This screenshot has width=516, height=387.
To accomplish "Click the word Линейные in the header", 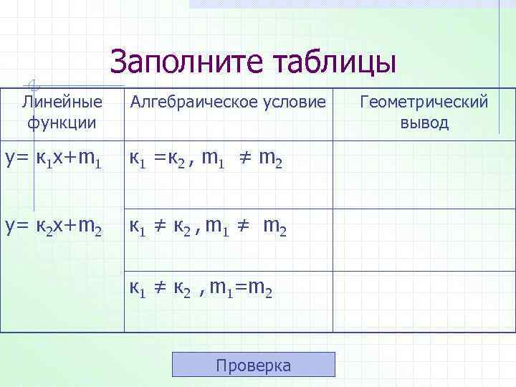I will pyautogui.click(x=62, y=102).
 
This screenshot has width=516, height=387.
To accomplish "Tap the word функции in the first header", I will pyautogui.click(x=62, y=123).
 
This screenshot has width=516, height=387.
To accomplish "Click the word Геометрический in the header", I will pyautogui.click(x=424, y=102).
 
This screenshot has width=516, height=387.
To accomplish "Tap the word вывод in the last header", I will pyautogui.click(x=424, y=123).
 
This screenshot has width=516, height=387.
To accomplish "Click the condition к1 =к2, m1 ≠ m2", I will pyautogui.click(x=206, y=162).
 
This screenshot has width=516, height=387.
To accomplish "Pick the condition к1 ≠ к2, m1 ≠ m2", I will pyautogui.click(x=208, y=229).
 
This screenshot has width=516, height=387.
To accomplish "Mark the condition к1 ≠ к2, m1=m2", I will pyautogui.click(x=200, y=288).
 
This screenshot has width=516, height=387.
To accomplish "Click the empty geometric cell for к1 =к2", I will pyautogui.click(x=424, y=176).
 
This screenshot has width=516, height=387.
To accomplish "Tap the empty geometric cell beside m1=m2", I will pyautogui.click(x=424, y=301).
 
